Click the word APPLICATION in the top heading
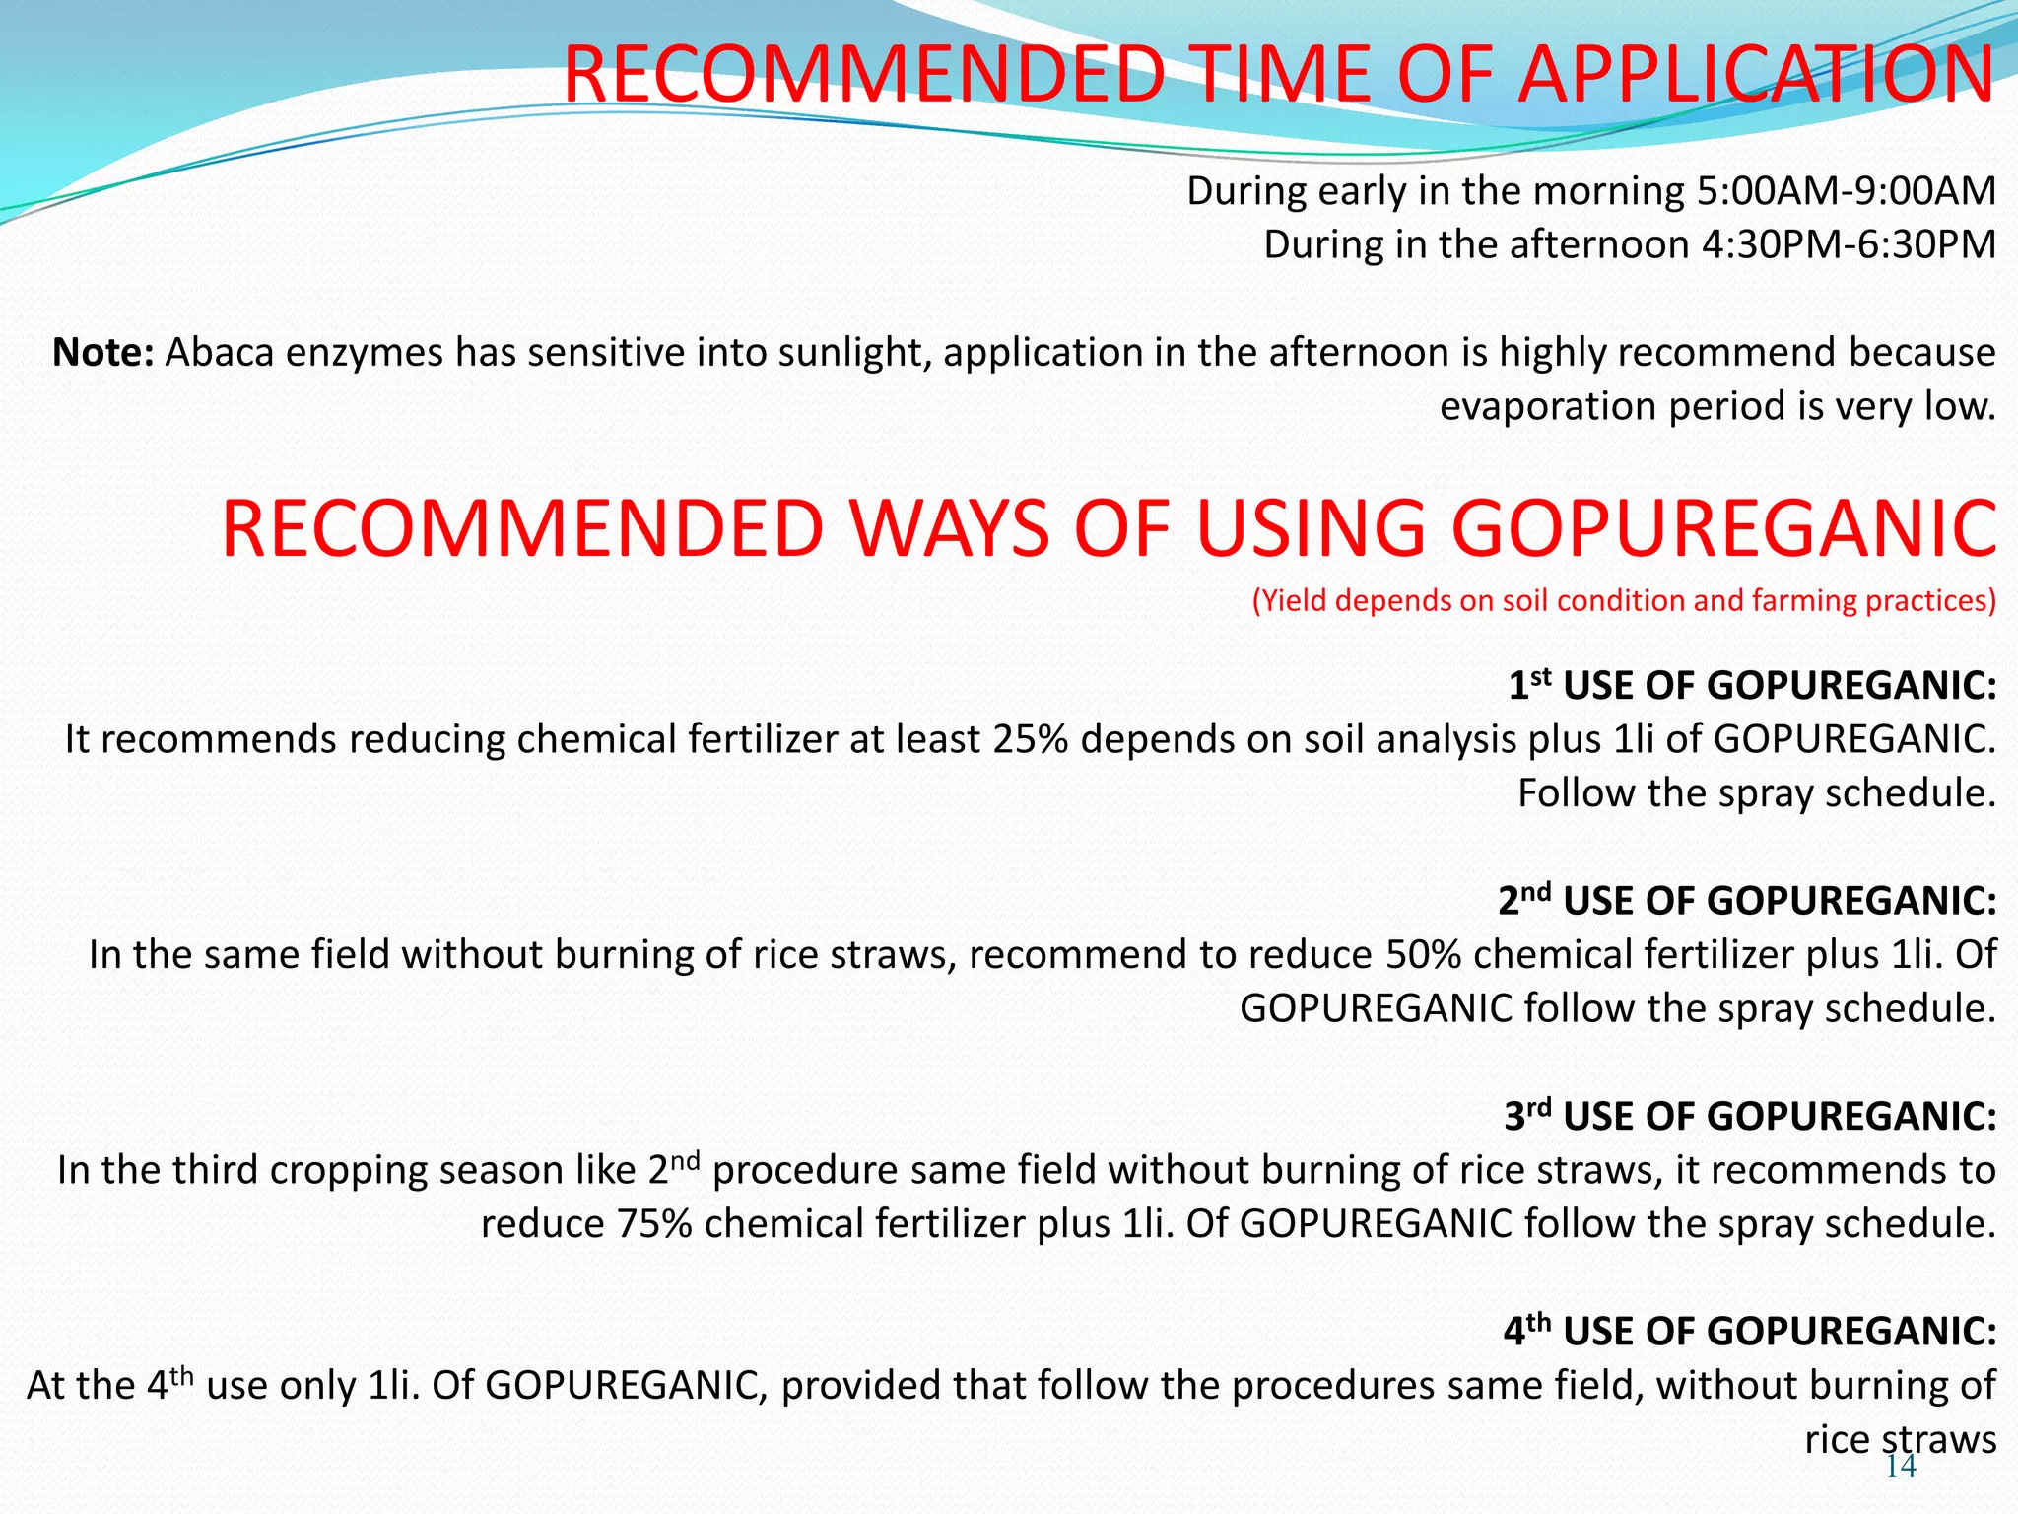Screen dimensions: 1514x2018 (1755, 75)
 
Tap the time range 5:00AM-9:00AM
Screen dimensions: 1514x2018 (1846, 191)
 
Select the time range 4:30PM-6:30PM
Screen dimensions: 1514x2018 (1849, 244)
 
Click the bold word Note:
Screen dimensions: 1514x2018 (102, 353)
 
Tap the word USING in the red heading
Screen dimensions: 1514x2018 (1311, 529)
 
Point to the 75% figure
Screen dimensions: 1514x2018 (655, 1224)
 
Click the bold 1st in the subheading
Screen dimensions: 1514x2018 (1529, 685)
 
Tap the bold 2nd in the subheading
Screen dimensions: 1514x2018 (1524, 900)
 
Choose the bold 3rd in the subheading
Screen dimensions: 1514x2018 (1527, 1116)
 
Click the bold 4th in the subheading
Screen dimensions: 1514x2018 (1527, 1331)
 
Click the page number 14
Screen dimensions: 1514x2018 (1901, 1467)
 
